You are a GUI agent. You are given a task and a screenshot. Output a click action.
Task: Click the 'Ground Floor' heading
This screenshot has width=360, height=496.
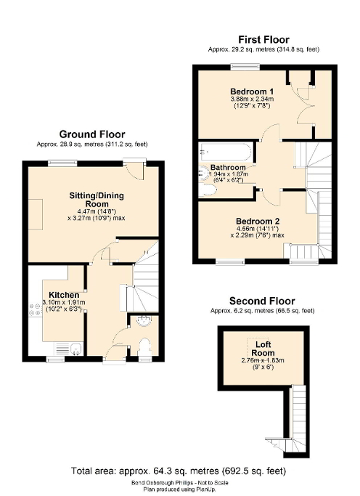coord(91,134)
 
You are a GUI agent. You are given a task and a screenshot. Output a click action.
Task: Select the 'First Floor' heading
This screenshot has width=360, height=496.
coord(263,39)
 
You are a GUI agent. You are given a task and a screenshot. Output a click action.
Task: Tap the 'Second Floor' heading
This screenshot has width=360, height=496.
coord(262,300)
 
